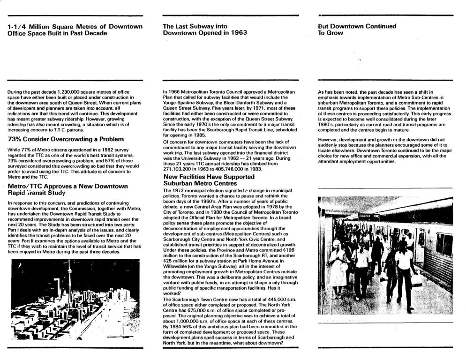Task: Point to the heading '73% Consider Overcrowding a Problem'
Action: click(x=66, y=139)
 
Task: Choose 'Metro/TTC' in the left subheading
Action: click(x=26, y=186)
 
